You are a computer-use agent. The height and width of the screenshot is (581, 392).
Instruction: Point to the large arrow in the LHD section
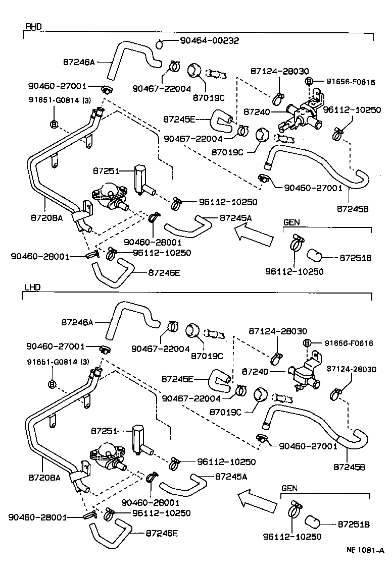point(257,500)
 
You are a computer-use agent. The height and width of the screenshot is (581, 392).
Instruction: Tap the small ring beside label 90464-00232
point(160,44)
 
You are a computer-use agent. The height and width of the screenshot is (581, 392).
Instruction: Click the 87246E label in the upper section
point(164,272)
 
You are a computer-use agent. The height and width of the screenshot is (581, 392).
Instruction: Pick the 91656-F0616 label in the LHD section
point(349,343)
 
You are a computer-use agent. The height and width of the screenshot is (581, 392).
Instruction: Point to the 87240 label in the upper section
point(257,111)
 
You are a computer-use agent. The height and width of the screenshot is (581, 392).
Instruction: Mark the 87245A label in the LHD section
point(231,476)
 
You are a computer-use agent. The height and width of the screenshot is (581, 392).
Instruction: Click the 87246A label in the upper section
point(79,62)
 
